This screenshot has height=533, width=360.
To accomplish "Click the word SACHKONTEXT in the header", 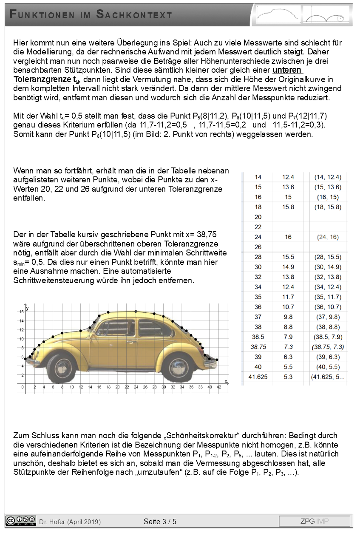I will point(134,15).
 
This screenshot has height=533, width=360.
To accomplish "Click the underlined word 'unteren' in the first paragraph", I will point(287,70).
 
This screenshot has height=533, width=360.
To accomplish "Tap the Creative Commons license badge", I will point(21,521).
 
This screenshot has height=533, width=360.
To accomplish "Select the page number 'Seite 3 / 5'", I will point(160,521).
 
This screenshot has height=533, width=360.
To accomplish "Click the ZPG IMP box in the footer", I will point(314,521).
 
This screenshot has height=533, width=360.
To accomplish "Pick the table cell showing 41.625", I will point(258,377).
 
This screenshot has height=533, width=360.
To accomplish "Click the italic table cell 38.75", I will point(258,347).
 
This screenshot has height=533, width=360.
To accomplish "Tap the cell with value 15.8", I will point(288,207).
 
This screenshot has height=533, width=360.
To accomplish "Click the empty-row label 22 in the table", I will point(258,227).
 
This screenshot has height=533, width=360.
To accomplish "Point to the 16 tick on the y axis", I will point(21,312).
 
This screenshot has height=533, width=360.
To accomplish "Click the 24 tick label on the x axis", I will point(136,387).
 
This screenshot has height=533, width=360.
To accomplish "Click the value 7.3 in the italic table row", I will point(288,347).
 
